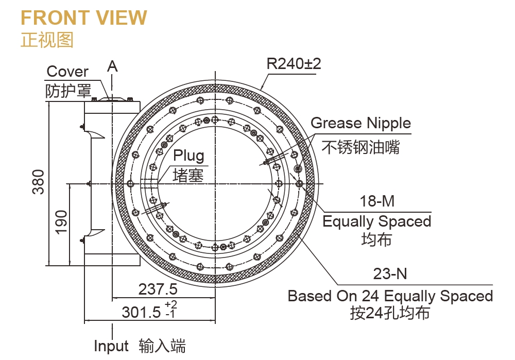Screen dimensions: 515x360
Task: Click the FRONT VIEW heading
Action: click(84, 18)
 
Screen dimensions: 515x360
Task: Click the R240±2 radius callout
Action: click(294, 64)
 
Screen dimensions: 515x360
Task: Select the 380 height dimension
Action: click(39, 182)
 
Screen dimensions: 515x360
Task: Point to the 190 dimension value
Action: click(61, 222)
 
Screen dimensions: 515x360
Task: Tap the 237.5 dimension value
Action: click(158, 289)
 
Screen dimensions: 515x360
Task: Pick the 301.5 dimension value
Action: click(141, 312)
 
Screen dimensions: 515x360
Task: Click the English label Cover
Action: click(67, 71)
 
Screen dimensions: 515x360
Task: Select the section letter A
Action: click(112, 66)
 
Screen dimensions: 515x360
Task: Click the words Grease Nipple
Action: click(360, 123)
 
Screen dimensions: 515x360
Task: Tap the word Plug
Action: click(188, 156)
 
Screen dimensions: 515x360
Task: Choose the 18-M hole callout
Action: click(377, 201)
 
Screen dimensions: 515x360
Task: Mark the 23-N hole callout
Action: click(390, 273)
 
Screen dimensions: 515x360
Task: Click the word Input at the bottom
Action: click(111, 346)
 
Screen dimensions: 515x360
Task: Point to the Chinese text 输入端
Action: click(162, 346)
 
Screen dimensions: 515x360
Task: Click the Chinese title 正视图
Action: click(47, 40)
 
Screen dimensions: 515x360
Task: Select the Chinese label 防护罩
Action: click(68, 91)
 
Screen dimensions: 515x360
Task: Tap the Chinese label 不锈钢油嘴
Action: click(360, 147)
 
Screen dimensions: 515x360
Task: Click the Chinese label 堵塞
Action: click(188, 175)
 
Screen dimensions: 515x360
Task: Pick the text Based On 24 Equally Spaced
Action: click(390, 296)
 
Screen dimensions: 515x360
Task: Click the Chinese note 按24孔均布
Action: click(390, 313)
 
